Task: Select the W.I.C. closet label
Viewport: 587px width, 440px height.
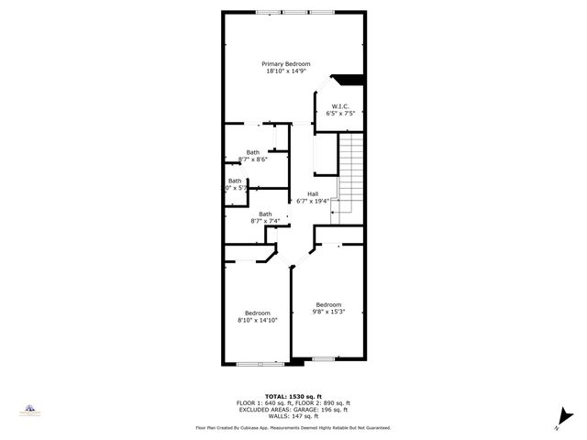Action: (339, 106)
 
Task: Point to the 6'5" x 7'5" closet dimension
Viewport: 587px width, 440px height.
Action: (339, 114)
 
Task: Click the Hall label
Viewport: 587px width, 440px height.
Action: (313, 193)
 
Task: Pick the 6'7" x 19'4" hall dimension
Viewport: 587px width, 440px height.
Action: (313, 201)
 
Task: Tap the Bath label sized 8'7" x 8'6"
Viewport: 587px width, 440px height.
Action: (252, 152)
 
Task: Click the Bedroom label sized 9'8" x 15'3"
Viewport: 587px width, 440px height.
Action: (328, 304)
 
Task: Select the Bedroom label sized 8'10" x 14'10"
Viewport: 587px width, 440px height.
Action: (257, 313)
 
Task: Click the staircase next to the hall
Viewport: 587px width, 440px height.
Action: (350, 174)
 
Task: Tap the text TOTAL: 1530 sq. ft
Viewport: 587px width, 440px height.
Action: (293, 397)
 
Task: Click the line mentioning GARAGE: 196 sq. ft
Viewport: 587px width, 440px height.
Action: (293, 410)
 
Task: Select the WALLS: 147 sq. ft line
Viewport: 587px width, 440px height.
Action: (293, 416)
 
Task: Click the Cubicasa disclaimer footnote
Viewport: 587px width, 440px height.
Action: (293, 427)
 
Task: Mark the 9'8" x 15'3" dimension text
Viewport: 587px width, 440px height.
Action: (328, 312)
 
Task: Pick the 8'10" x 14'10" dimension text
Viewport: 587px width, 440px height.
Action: (257, 321)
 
